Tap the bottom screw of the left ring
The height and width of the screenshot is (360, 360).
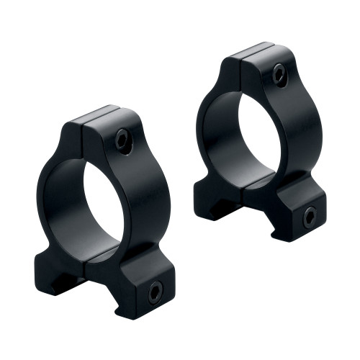[x=155, y=290]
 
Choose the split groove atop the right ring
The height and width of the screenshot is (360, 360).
[x=240, y=56]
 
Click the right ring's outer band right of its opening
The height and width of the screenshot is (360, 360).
[x=288, y=137]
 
